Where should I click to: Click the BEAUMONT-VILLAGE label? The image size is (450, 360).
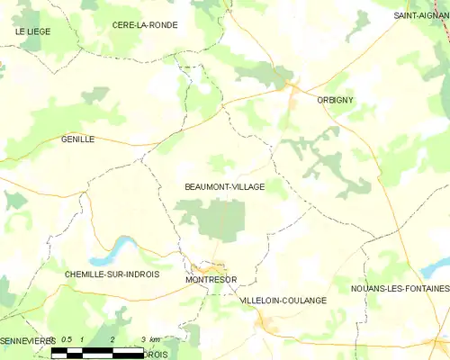tap(224, 186)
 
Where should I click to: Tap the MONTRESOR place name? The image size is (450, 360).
tap(212, 280)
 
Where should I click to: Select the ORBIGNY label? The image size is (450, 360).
tap(335, 100)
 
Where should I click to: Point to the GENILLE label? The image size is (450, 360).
tap(77, 139)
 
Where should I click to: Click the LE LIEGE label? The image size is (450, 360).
tap(32, 31)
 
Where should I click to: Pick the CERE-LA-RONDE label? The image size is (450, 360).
tap(145, 25)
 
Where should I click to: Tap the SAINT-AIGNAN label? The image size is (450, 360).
tap(420, 16)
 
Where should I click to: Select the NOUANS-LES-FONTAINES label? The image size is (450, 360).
tap(400, 288)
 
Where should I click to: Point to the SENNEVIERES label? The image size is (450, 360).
tap(27, 341)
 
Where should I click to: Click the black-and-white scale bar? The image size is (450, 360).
tap(99, 350)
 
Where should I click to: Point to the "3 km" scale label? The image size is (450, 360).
tap(150, 339)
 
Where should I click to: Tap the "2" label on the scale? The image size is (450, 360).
tap(112, 339)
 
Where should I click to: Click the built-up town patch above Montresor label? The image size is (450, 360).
tap(211, 267)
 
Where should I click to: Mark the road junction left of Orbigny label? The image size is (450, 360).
tap(290, 87)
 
